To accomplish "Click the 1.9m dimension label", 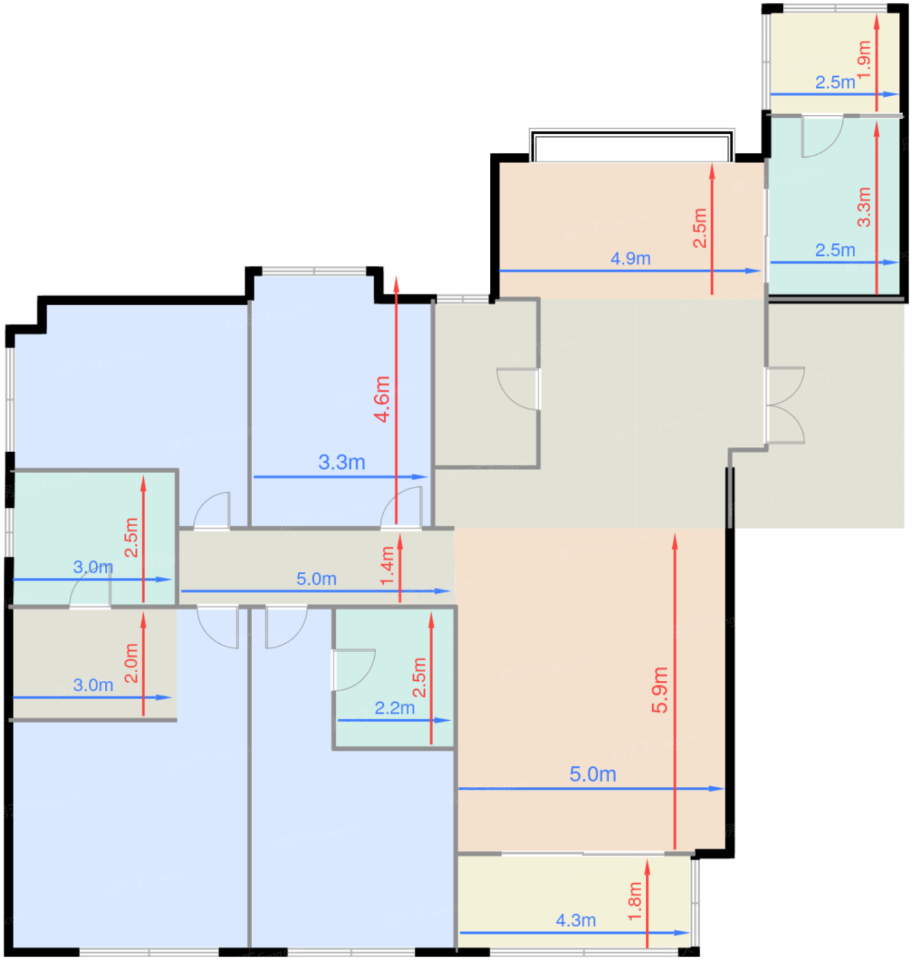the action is pyautogui.click(x=864, y=60).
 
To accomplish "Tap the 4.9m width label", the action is pyautogui.click(x=630, y=259).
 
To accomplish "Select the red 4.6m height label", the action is pyautogui.click(x=382, y=399).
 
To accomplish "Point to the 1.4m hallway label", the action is pyautogui.click(x=387, y=566).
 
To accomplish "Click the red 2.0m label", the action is pyautogui.click(x=132, y=663).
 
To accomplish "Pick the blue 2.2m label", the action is pyautogui.click(x=394, y=708).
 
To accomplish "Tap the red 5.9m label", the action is pyautogui.click(x=660, y=690).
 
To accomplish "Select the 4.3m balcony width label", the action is pyautogui.click(x=576, y=920).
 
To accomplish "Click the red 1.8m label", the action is pyautogui.click(x=634, y=902).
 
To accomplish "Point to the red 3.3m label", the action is pyautogui.click(x=864, y=207).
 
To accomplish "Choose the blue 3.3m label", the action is pyautogui.click(x=342, y=462).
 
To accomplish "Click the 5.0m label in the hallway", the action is pyautogui.click(x=316, y=579).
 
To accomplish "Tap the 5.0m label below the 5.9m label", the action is pyautogui.click(x=593, y=774).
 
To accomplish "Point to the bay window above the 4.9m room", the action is pyautogui.click(x=632, y=145).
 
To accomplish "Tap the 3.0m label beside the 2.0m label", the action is pyautogui.click(x=93, y=685).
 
